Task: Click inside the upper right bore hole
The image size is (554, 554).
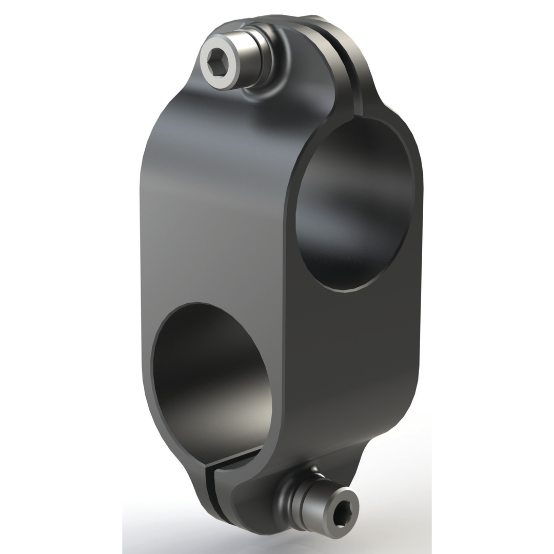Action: tap(354, 205)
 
